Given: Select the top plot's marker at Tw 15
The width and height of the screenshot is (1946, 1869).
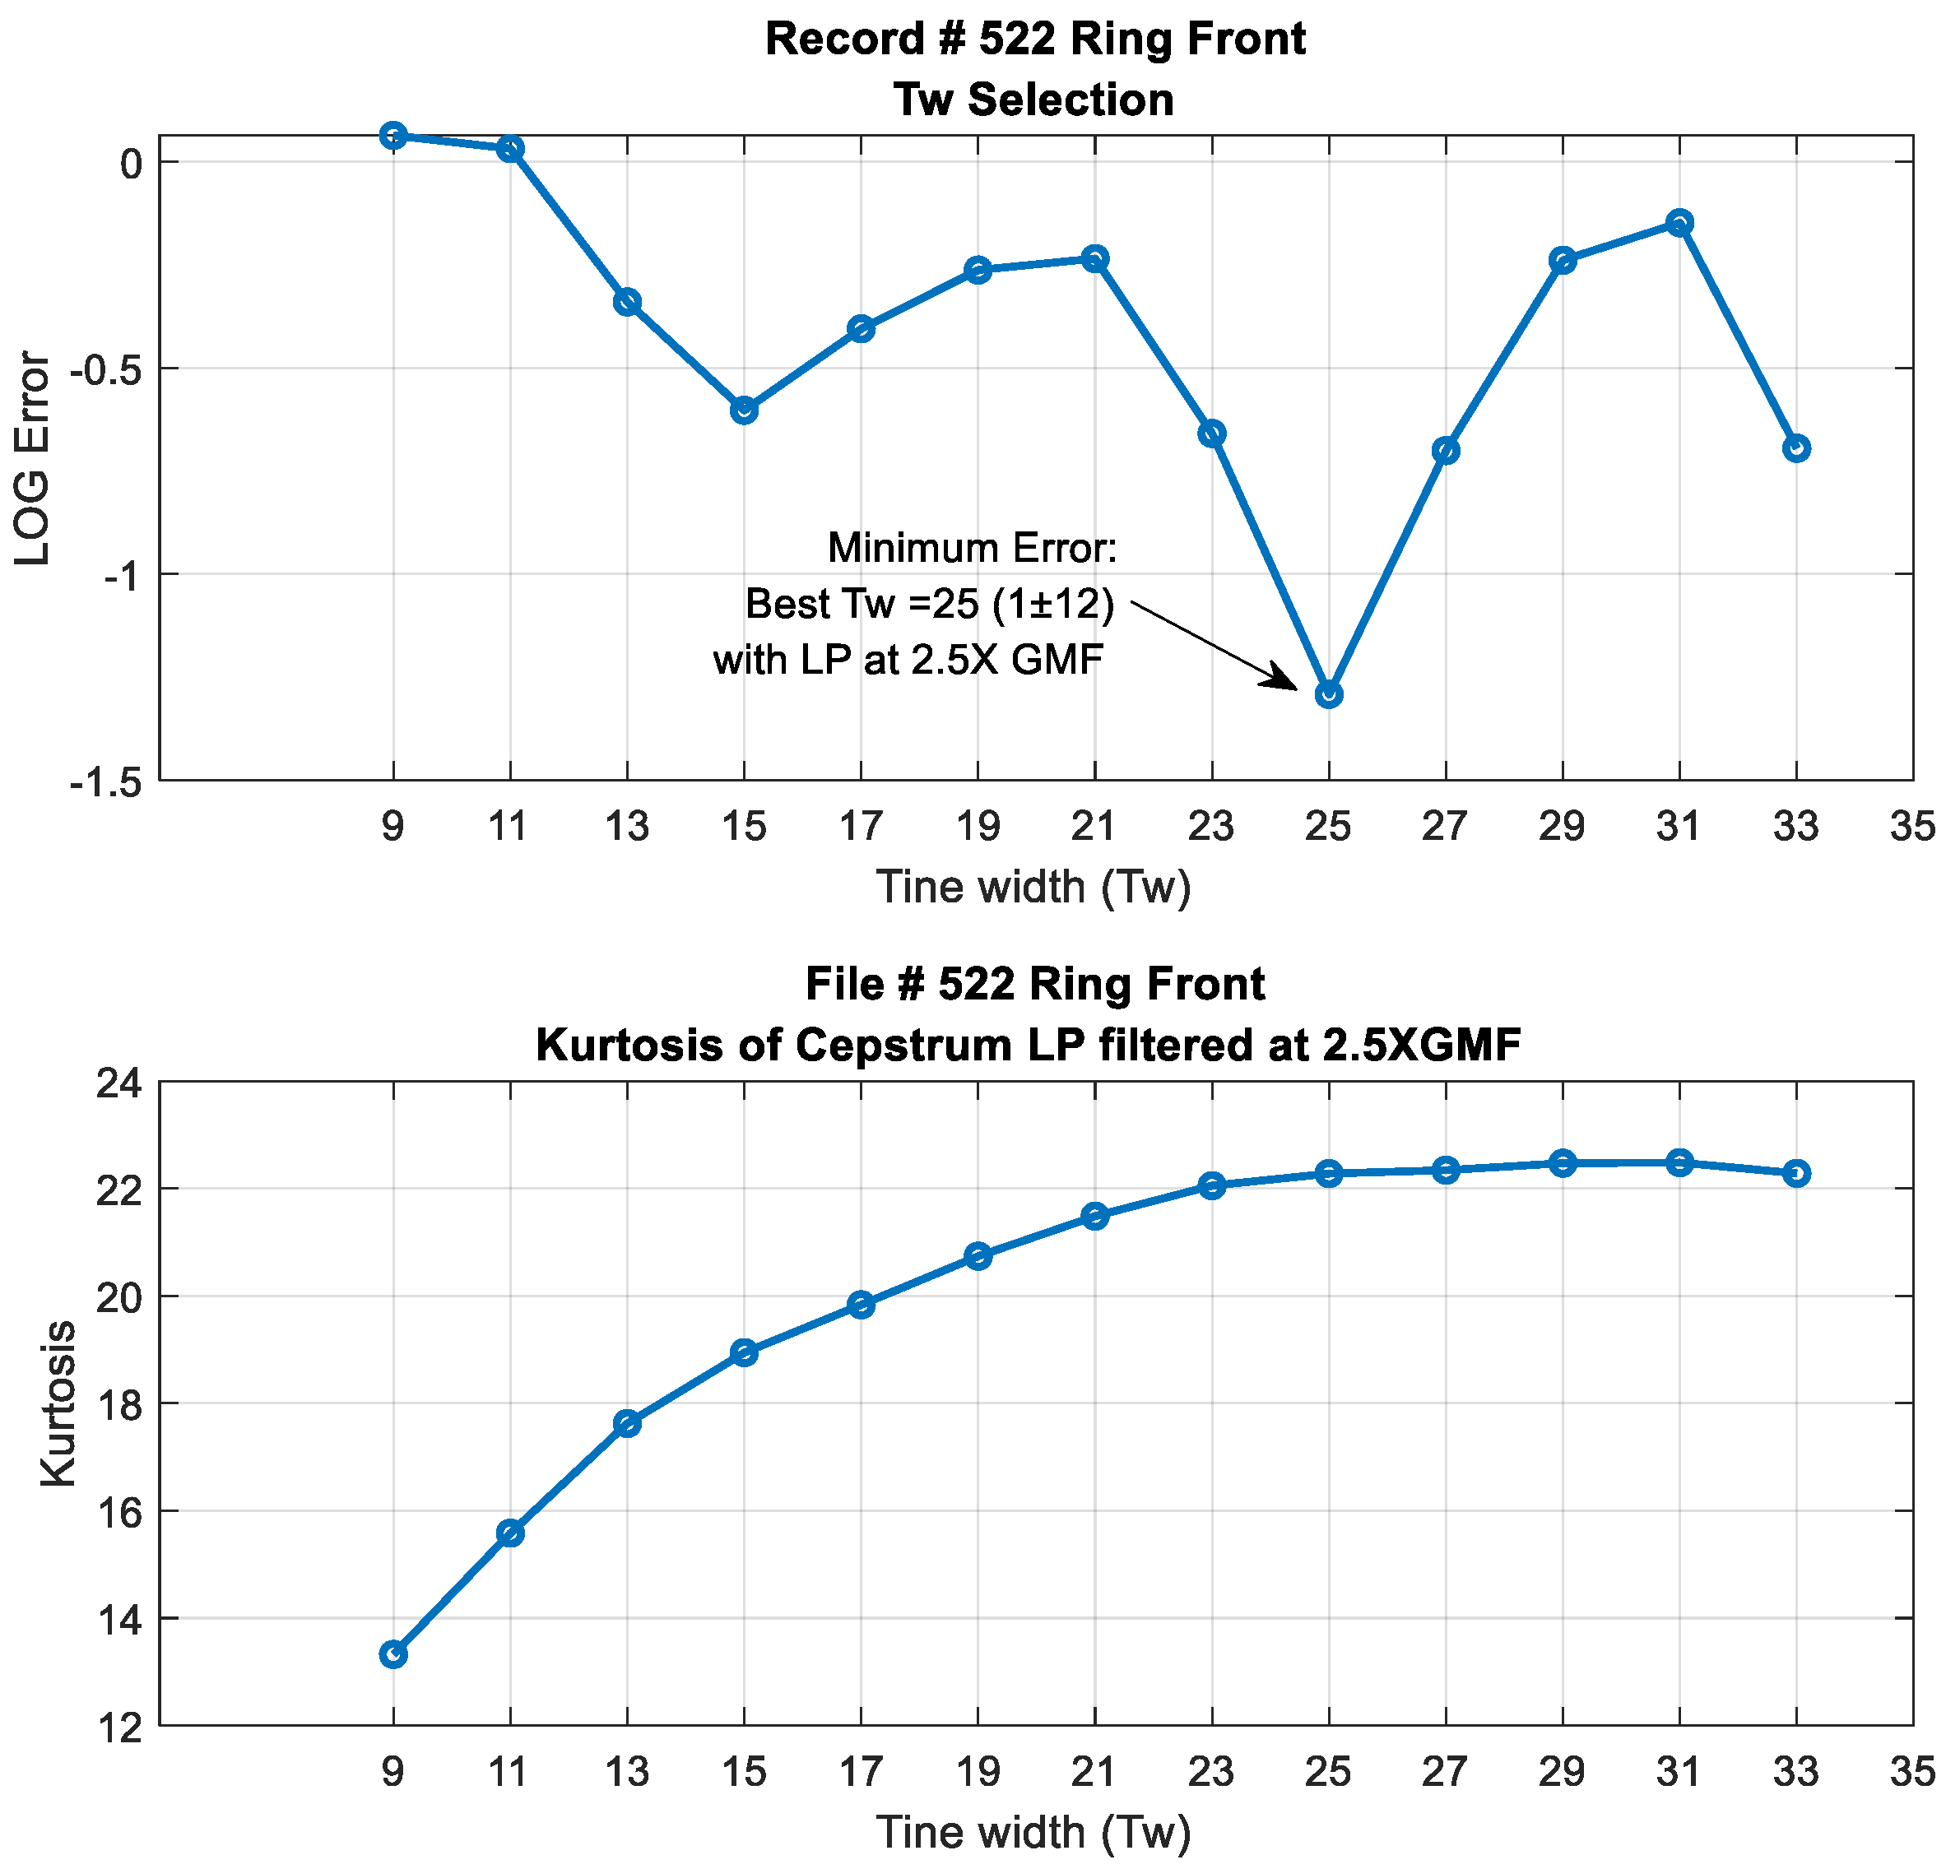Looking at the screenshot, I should [x=745, y=410].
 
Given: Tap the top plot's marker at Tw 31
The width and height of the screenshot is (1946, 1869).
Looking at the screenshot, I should [x=1679, y=222].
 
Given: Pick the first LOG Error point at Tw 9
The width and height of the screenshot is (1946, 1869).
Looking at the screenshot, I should [x=393, y=136].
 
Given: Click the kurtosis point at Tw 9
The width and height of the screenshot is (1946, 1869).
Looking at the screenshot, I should [x=393, y=1654].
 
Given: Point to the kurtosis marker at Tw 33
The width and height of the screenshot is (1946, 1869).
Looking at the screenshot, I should [x=1796, y=1173].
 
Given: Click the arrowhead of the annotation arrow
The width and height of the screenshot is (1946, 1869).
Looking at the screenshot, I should [x=1287, y=682].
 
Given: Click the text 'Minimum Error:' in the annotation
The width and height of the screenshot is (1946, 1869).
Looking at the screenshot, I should [x=972, y=548].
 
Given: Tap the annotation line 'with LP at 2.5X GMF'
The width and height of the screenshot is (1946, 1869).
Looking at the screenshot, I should [x=908, y=660].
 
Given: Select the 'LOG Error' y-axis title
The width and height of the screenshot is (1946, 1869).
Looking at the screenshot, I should [x=33, y=458].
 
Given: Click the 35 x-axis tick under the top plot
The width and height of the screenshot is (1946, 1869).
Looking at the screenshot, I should [x=1912, y=826].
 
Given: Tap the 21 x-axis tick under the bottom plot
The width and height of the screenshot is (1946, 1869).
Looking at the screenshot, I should [x=1094, y=1771].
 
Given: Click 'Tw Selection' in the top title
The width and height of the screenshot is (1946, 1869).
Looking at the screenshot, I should [x=1033, y=100].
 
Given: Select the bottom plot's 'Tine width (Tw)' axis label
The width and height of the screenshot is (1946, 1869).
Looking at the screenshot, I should [x=1033, y=1832].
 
